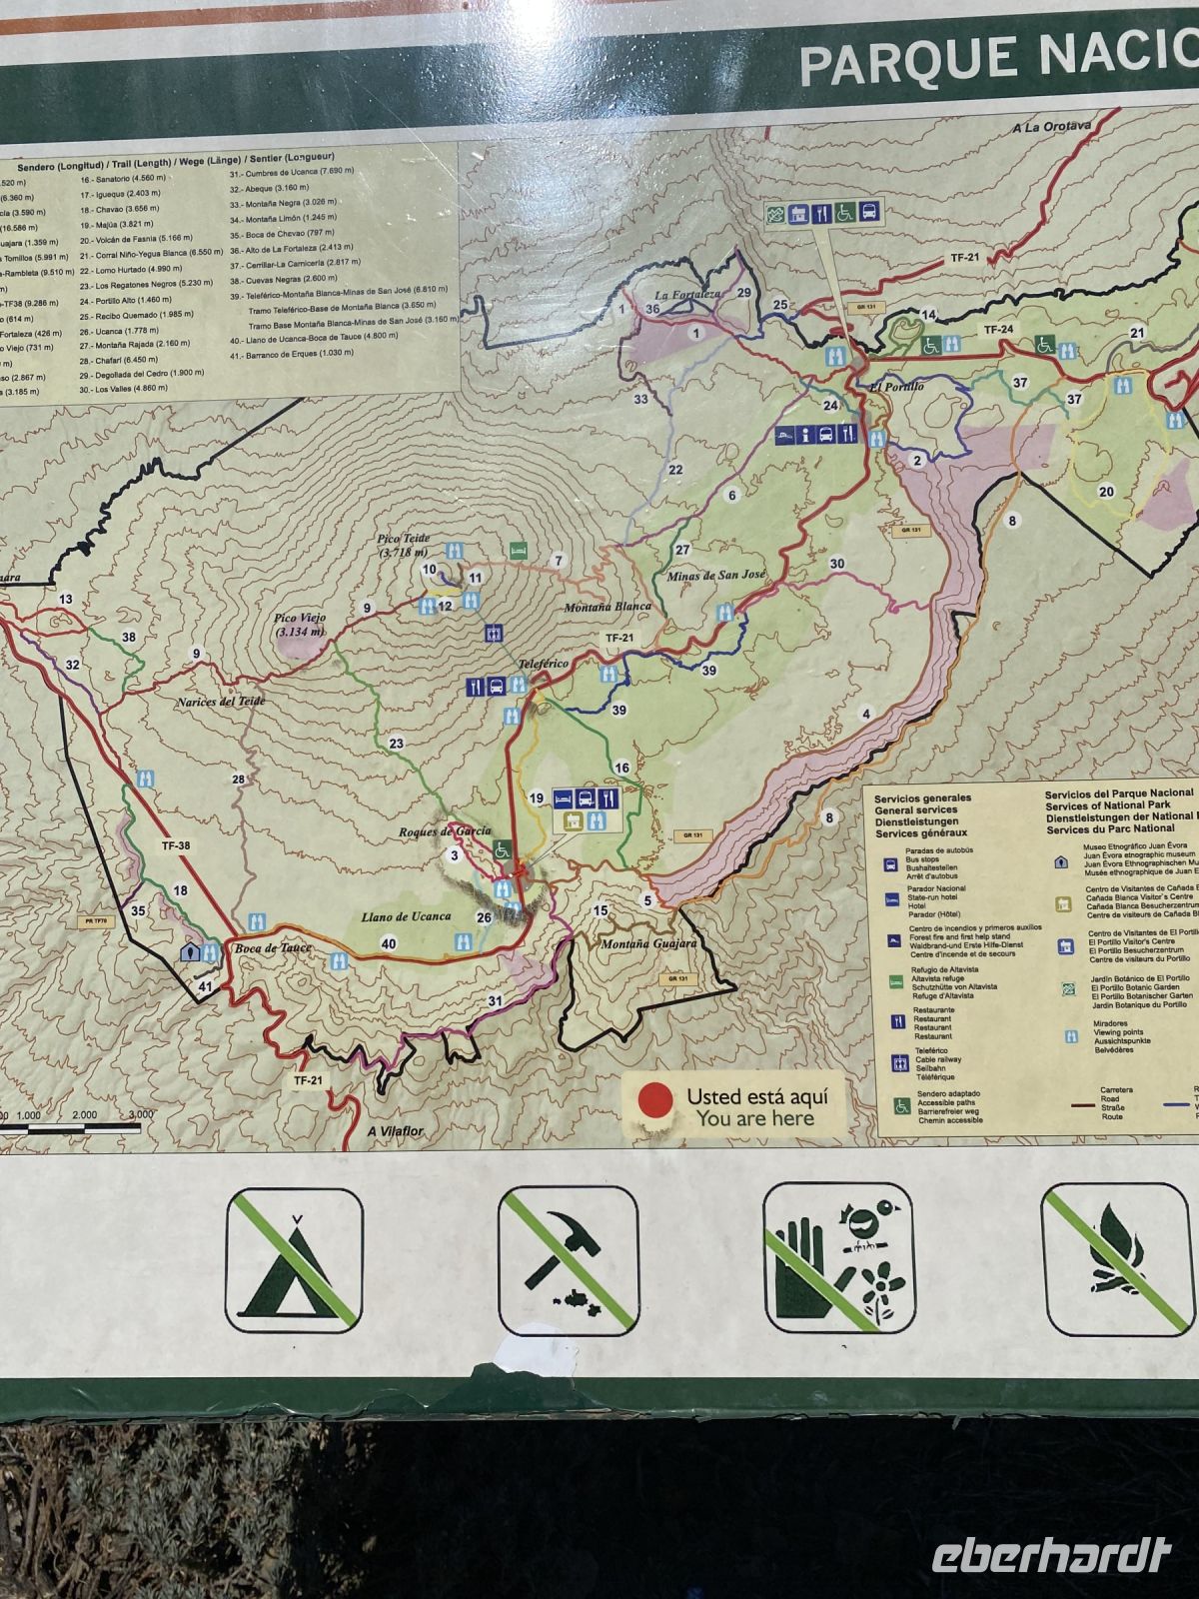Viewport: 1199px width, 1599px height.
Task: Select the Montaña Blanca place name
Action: [607, 607]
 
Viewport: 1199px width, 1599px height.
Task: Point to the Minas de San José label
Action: [715, 576]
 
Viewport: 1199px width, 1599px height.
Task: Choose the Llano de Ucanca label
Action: [405, 916]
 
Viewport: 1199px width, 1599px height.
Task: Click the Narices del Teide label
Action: [221, 702]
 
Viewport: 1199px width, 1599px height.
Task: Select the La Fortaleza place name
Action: [687, 295]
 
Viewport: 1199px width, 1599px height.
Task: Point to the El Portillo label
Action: [896, 386]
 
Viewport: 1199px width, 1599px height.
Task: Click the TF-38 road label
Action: [175, 845]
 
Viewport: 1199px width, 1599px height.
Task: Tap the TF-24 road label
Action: [997, 329]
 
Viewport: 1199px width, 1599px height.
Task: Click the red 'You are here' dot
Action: [655, 1100]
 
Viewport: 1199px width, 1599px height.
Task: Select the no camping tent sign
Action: [294, 1260]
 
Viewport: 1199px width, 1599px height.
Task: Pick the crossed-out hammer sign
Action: [568, 1261]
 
